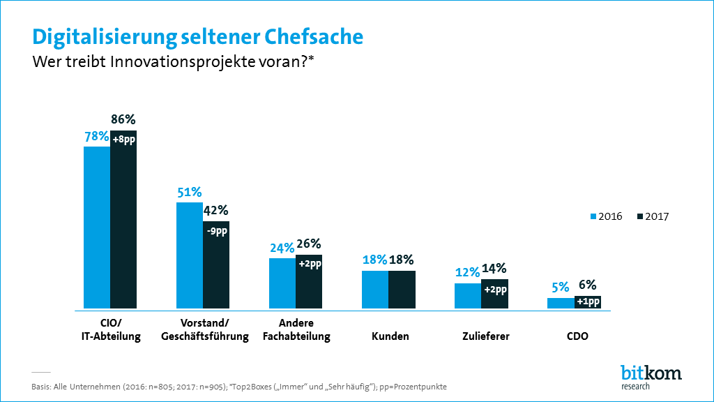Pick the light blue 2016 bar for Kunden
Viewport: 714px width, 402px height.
pos(375,290)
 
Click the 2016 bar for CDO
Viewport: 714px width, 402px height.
pos(561,303)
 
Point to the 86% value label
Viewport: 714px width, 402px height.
pos(122,119)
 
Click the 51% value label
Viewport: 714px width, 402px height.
pos(188,192)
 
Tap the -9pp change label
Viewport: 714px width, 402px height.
pos(216,230)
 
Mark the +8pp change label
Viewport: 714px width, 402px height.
pos(123,140)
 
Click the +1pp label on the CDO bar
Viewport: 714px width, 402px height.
pos(588,301)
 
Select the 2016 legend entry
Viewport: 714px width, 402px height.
pos(606,216)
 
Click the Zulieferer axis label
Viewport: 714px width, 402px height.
pos(485,336)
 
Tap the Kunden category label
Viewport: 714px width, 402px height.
pos(390,336)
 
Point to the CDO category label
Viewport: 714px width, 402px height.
pos(578,336)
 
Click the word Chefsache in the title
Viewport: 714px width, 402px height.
pos(303,36)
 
